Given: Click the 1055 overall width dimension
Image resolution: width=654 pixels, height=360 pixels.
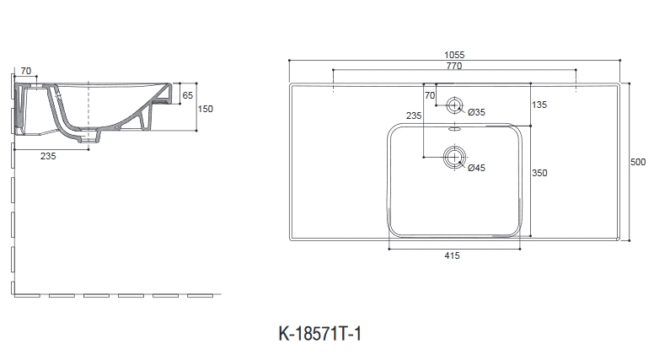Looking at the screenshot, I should pos(455,54).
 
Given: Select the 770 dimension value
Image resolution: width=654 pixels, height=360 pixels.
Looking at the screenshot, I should pos(455,65).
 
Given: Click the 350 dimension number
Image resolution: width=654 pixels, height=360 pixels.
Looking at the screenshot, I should pos(539,173).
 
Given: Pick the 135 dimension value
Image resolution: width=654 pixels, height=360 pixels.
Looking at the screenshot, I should pos(539,105).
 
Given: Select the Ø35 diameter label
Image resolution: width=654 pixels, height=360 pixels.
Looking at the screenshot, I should pos(475,112).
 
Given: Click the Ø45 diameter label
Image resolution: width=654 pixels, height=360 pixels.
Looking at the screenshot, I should pos(475,168).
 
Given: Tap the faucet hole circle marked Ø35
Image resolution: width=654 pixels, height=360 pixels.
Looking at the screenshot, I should pos(454,105).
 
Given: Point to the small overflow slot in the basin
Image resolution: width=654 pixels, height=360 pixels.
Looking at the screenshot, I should pos(454,130).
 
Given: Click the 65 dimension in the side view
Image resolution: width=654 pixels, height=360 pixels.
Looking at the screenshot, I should pos(188,94).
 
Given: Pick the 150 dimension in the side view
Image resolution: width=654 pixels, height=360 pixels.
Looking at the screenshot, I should pos(206,108).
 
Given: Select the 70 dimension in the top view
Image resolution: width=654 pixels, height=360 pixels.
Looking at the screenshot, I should pos(430,95).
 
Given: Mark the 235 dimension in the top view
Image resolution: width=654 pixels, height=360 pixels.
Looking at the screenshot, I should pos(413,116).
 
